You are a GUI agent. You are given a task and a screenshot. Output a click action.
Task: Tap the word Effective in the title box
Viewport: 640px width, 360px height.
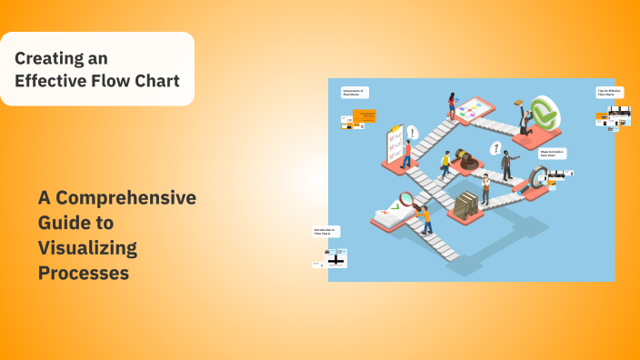50,81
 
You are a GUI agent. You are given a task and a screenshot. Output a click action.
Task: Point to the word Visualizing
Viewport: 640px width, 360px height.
87,247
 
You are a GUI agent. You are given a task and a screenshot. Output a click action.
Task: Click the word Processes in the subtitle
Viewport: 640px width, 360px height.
83,272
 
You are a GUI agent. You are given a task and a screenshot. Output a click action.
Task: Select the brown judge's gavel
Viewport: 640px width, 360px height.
467,158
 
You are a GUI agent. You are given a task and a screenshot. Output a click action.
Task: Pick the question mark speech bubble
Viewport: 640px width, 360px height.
495,147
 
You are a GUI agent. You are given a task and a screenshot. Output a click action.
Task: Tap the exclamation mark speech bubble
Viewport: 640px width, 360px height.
412,133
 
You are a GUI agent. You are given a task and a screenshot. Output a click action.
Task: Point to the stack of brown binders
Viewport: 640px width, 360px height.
465,204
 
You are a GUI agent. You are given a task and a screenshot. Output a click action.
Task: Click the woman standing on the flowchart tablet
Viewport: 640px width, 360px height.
452,108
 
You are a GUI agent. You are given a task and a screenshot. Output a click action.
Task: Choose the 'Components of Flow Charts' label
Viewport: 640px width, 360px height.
355,92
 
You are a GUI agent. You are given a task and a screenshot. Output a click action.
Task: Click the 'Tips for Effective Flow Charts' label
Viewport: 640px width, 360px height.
609,92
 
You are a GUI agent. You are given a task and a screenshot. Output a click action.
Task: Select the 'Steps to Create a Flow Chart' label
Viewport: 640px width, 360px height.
552,154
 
